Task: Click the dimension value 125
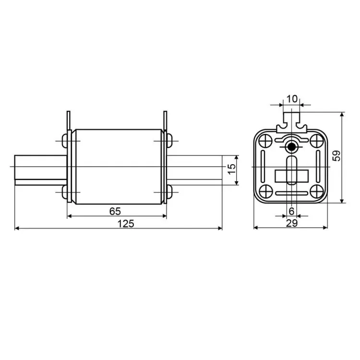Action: click(126, 223)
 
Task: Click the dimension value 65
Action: click(115, 211)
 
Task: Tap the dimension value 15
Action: click(232, 169)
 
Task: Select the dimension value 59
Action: click(336, 156)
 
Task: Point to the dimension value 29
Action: click(292, 223)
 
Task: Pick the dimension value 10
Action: click(292, 99)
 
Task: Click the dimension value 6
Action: click(291, 211)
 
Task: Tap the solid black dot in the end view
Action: click(291, 147)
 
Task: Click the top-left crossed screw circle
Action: click(265, 141)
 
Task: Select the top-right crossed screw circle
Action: click(317, 141)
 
